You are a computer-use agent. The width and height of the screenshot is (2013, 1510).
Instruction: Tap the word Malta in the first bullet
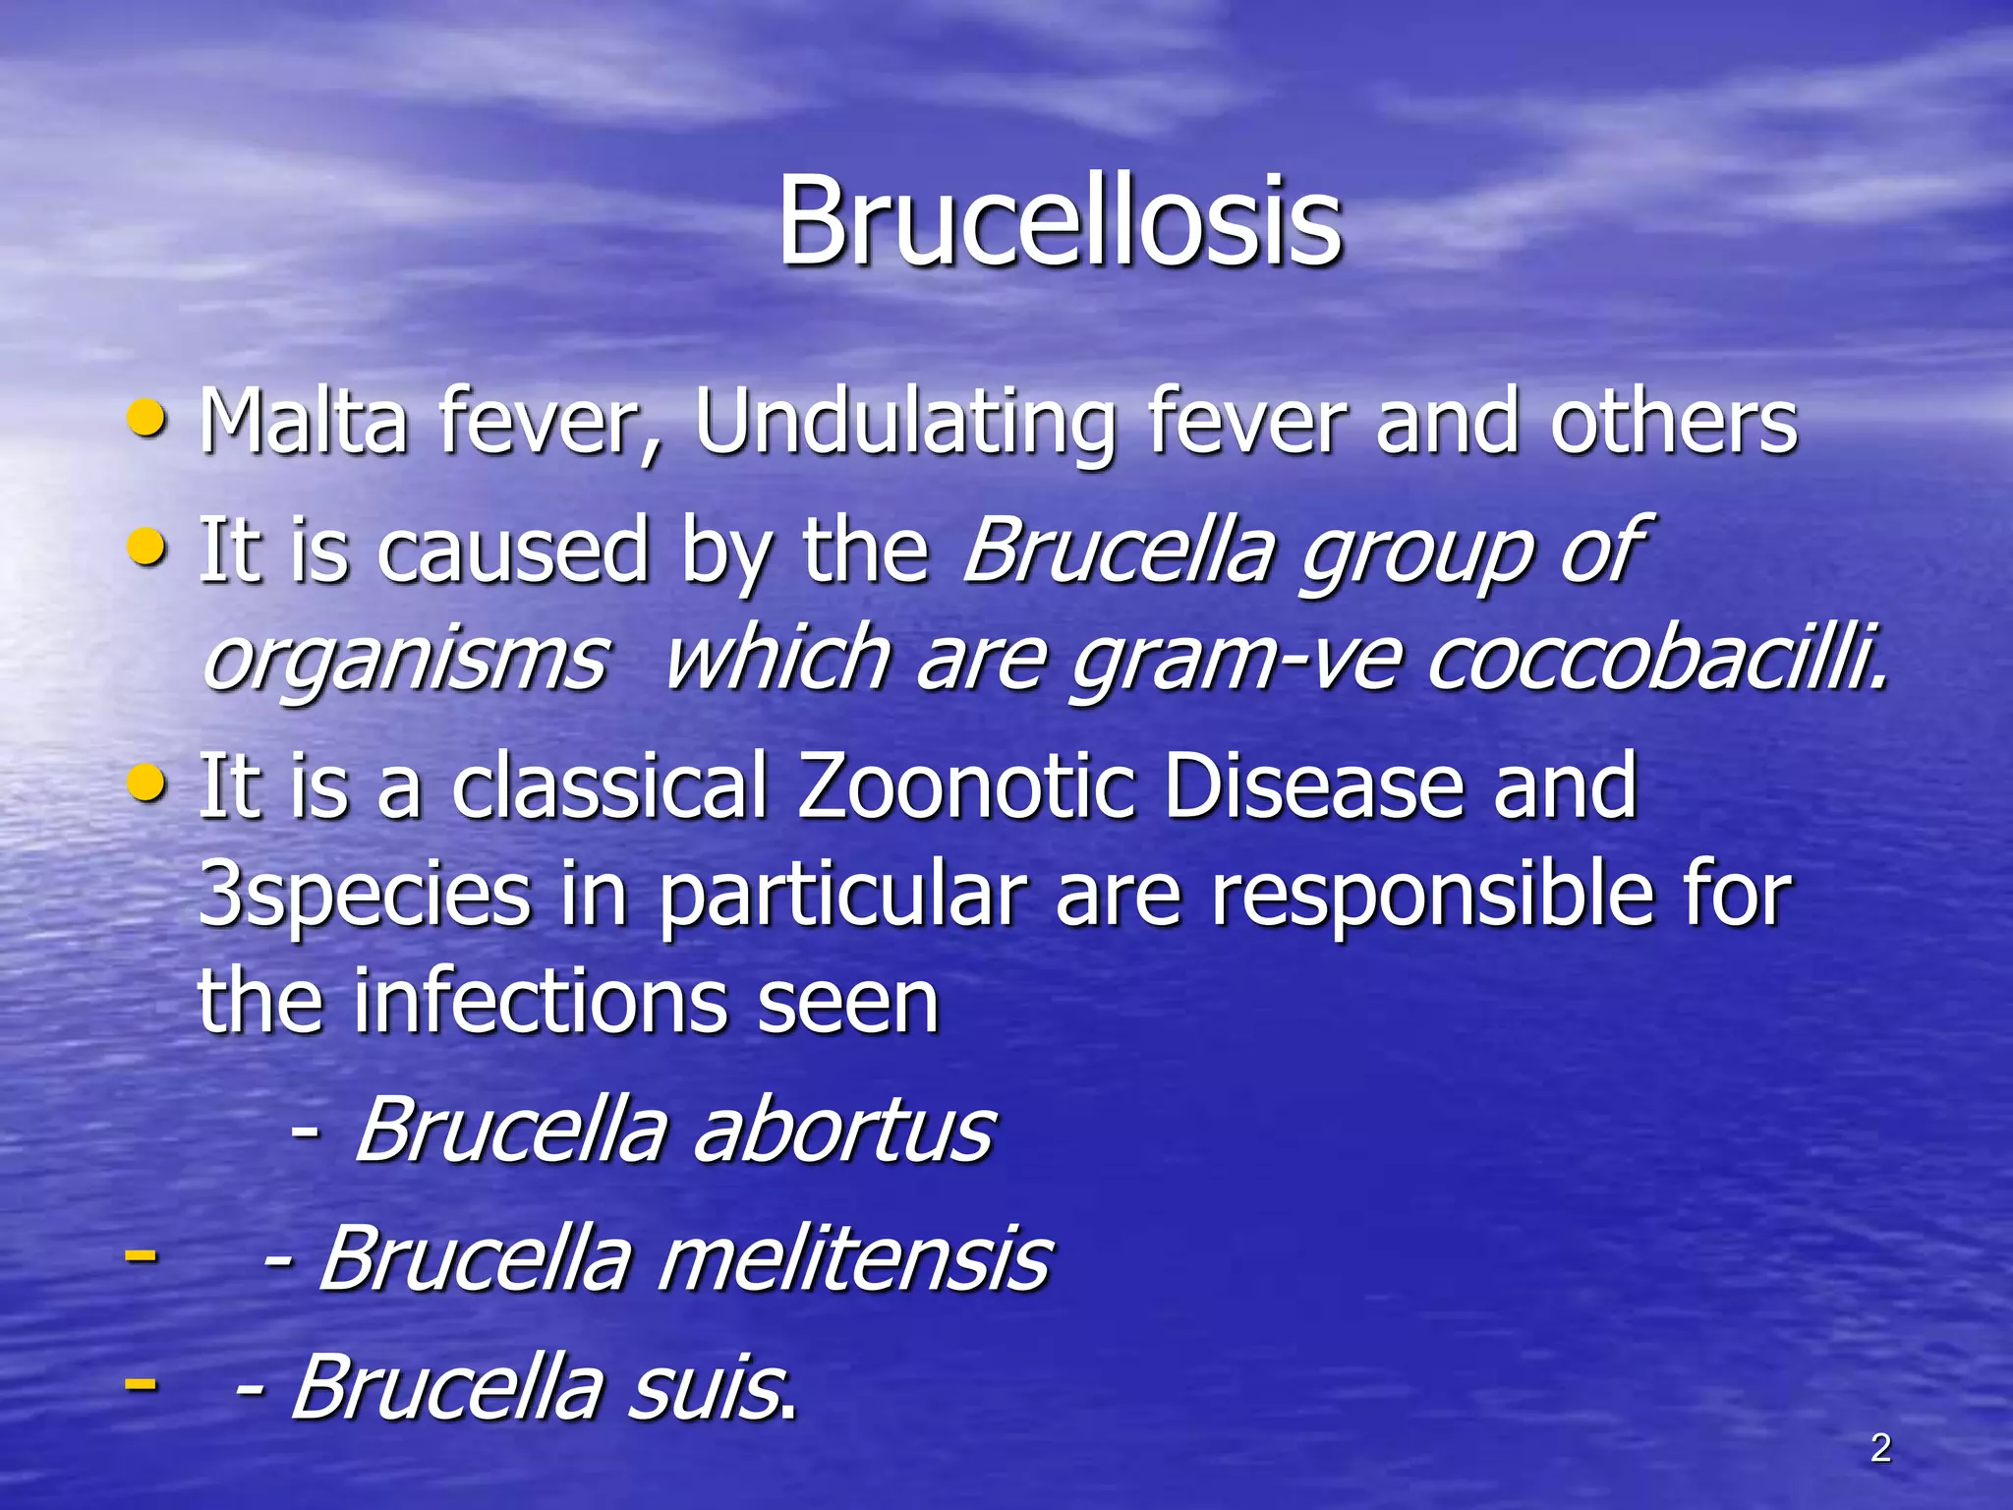[x=303, y=423]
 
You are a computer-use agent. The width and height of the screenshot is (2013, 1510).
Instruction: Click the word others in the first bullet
[x=1674, y=423]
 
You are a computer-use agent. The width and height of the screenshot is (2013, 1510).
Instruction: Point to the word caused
[x=513, y=551]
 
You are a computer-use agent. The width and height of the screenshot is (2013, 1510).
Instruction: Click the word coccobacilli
[x=1656, y=657]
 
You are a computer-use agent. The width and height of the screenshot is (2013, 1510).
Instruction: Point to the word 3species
[x=364, y=895]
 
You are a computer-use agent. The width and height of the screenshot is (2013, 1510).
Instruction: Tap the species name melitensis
[x=853, y=1258]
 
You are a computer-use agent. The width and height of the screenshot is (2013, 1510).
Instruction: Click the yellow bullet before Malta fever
[x=147, y=421]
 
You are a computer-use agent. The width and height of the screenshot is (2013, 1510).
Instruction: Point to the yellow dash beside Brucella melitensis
[x=141, y=1255]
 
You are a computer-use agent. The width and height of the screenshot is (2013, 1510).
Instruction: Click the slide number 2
[x=1880, y=1448]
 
